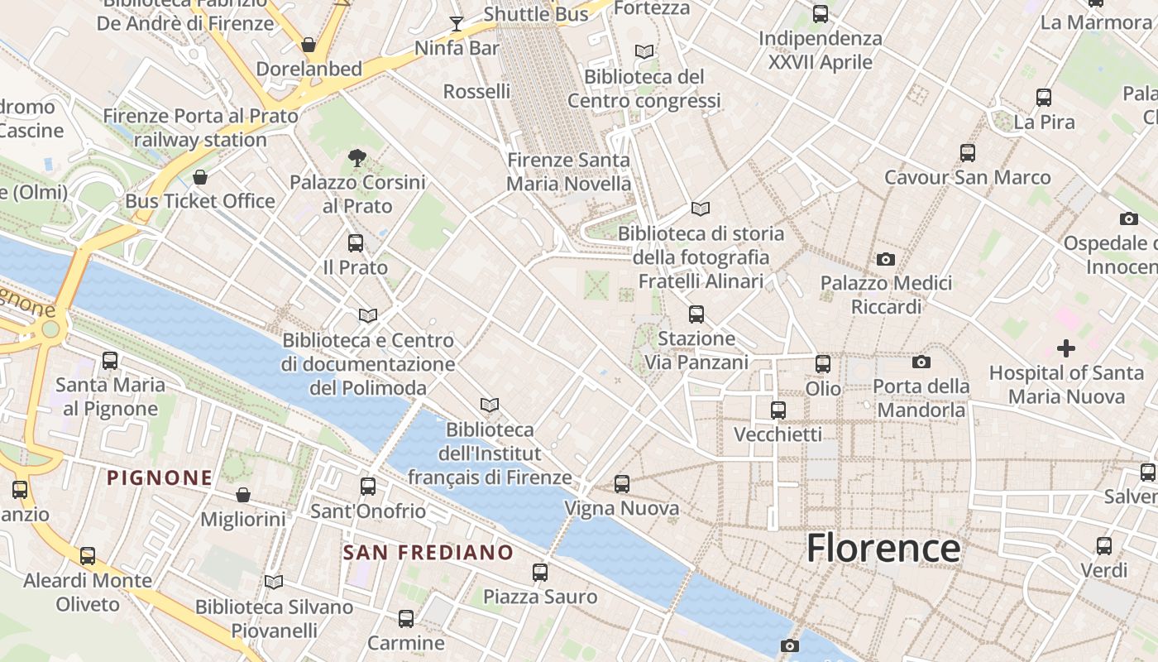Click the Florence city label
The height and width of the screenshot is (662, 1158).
(x=883, y=548)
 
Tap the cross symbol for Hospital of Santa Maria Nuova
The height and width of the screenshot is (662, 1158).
(x=1066, y=348)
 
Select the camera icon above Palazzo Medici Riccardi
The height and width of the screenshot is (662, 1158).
(x=886, y=259)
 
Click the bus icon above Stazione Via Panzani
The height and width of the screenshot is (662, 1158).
(x=696, y=314)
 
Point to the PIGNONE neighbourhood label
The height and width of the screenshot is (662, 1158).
(x=160, y=477)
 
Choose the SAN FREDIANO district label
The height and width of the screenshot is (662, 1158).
(x=428, y=552)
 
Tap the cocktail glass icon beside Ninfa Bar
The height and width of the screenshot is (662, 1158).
(x=456, y=23)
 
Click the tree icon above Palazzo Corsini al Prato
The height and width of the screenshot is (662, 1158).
(x=357, y=157)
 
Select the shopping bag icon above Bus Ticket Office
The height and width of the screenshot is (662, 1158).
(x=200, y=177)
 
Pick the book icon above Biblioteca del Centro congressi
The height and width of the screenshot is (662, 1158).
(x=644, y=51)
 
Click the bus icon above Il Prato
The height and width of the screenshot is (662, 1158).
(x=356, y=243)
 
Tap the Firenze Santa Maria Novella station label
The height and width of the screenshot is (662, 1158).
(x=568, y=172)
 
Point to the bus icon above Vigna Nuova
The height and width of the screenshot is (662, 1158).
(x=622, y=484)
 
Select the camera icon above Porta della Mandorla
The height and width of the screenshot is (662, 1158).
(x=921, y=362)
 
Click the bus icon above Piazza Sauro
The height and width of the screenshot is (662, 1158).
(x=540, y=572)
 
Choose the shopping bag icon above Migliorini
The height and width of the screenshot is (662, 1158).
(x=243, y=495)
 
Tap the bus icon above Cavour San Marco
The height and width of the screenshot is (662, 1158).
(x=968, y=153)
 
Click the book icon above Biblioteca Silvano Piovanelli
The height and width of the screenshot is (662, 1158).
(x=274, y=582)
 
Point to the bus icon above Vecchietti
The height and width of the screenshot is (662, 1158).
(x=778, y=410)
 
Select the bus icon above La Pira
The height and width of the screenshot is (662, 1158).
(x=1044, y=98)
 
